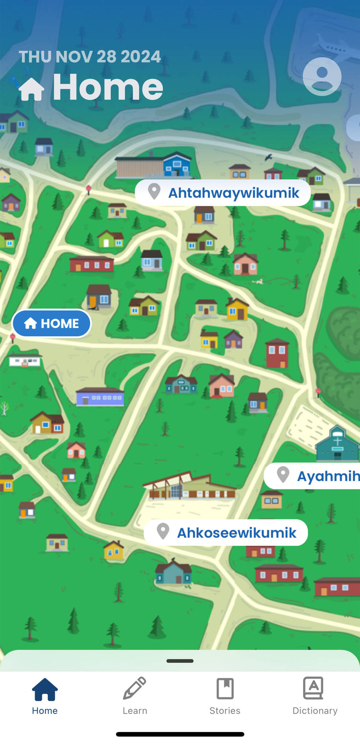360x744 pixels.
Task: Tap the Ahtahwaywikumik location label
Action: (x=223, y=193)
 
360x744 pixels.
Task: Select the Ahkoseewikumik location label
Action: (x=226, y=533)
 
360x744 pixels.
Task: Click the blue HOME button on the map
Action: (x=51, y=323)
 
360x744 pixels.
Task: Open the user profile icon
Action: (x=322, y=76)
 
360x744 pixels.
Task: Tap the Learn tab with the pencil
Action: (x=135, y=696)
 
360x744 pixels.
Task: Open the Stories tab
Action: (x=225, y=696)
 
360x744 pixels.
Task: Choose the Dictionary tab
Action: (x=315, y=696)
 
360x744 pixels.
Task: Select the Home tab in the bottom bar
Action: (x=45, y=696)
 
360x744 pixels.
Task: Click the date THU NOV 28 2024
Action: (x=90, y=57)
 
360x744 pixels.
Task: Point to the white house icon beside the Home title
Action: (x=31, y=89)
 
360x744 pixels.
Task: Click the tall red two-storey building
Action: (x=277, y=353)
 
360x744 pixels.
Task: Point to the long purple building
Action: (x=100, y=396)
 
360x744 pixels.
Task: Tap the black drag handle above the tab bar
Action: (x=180, y=661)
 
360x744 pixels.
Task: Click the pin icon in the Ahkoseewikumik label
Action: (x=163, y=531)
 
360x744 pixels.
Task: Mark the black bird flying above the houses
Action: (x=268, y=157)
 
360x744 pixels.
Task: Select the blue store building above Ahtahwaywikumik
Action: (x=177, y=165)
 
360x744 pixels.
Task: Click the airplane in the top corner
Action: (x=331, y=45)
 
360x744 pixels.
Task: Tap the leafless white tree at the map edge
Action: (x=4, y=408)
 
